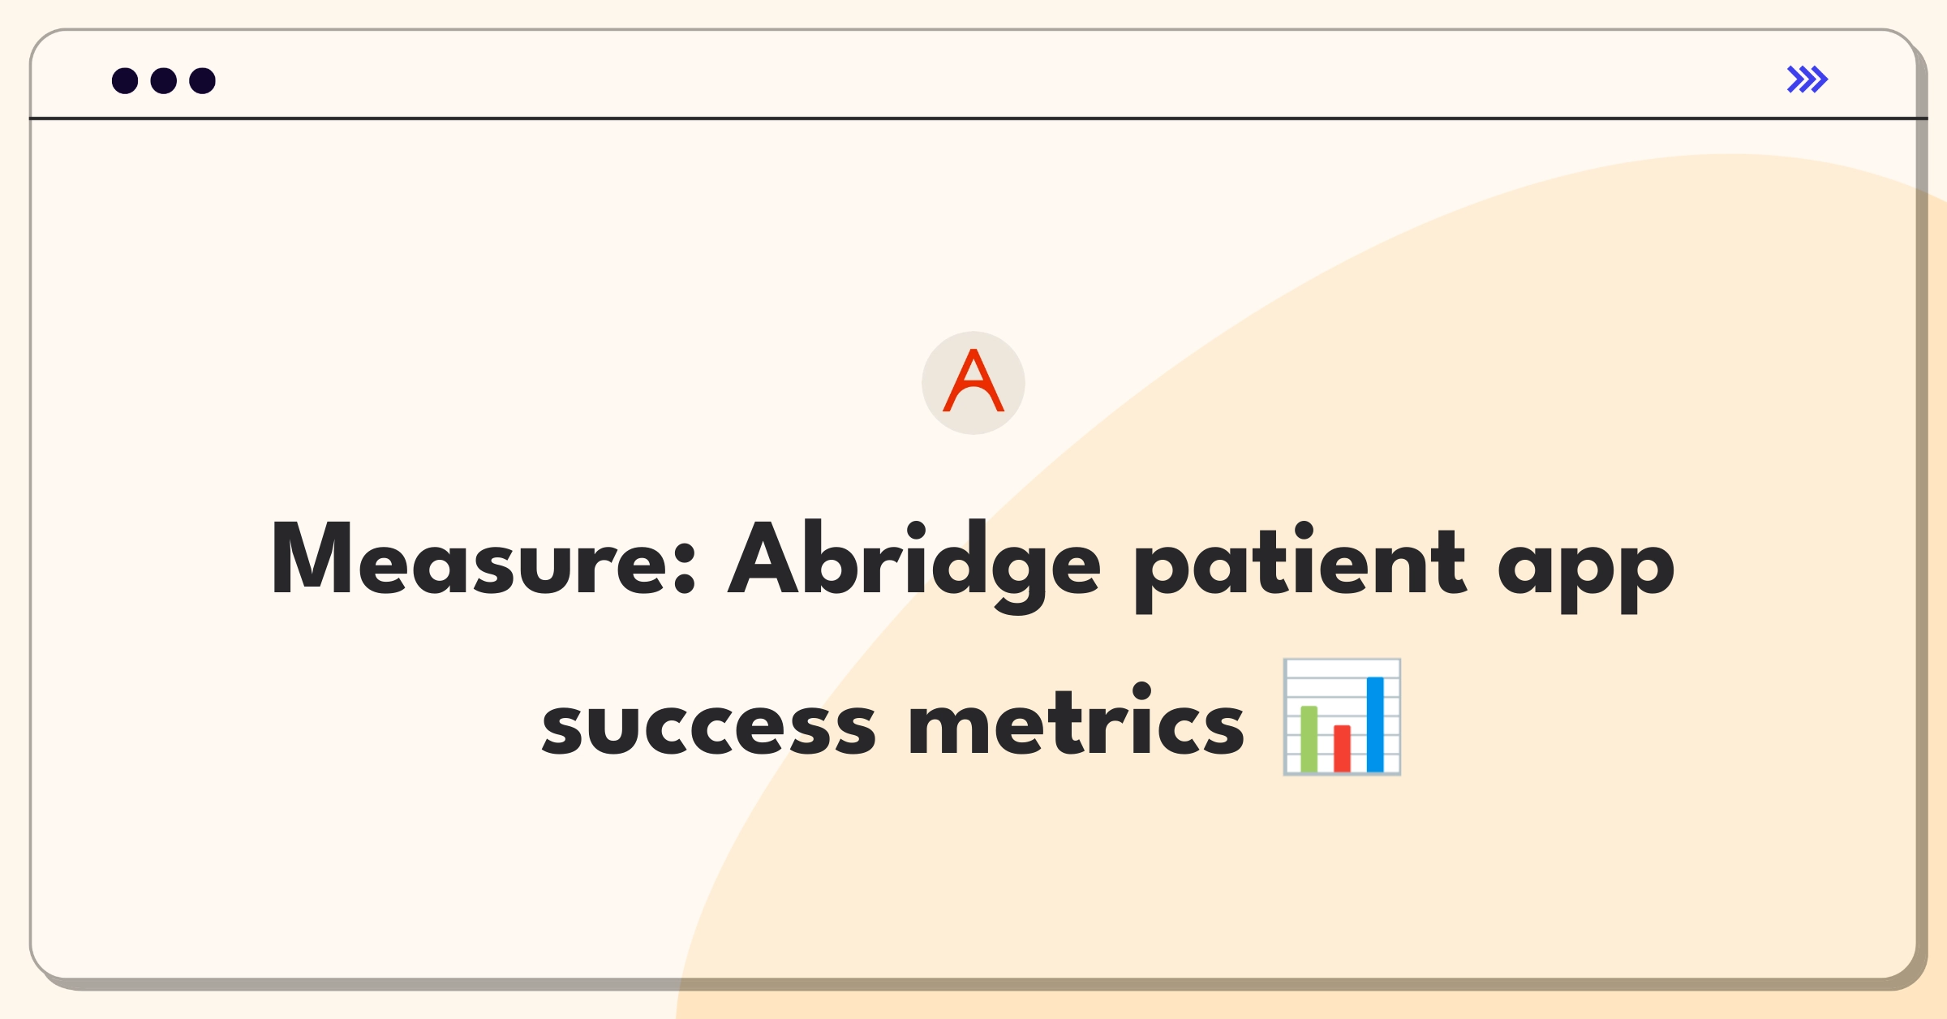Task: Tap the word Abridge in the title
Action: pyautogui.click(x=914, y=565)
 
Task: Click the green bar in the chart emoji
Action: pyautogui.click(x=1309, y=738)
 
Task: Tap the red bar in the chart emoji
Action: pyautogui.click(x=1342, y=748)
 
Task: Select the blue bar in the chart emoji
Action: pyautogui.click(x=1375, y=724)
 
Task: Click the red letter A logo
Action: pyautogui.click(x=973, y=381)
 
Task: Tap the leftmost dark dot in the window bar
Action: pyautogui.click(x=125, y=81)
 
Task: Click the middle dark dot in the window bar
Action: pyautogui.click(x=164, y=81)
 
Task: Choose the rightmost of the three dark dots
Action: pyautogui.click(x=203, y=81)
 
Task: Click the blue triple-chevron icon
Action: pyautogui.click(x=1807, y=80)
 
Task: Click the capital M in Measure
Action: pyautogui.click(x=312, y=558)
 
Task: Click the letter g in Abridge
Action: pyautogui.click(x=1020, y=577)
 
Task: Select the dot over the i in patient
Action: pyautogui.click(x=1304, y=531)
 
